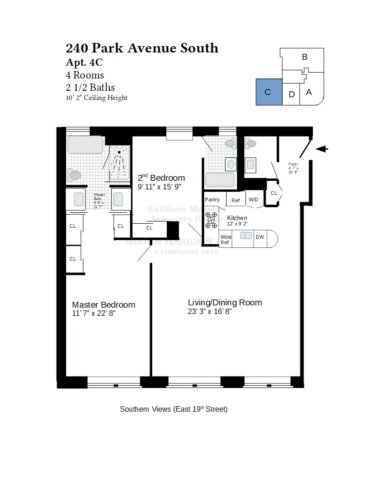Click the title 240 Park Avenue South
pyautogui.click(x=142, y=48)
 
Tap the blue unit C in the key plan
pyautogui.click(x=269, y=92)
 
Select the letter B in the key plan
pyautogui.click(x=305, y=57)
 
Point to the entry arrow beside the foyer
pyautogui.click(x=321, y=149)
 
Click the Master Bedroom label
pyautogui.click(x=103, y=305)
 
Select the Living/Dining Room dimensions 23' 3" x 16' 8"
pyautogui.click(x=210, y=312)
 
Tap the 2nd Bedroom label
pyautogui.click(x=161, y=178)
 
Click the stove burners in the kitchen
pyautogui.click(x=211, y=220)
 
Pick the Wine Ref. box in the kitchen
pyautogui.click(x=226, y=240)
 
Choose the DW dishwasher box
pyautogui.click(x=260, y=237)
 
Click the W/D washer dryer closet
pyautogui.click(x=253, y=199)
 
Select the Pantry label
pyautogui.click(x=212, y=199)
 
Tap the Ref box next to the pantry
pyautogui.click(x=236, y=200)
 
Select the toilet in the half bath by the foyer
pyautogui.click(x=251, y=144)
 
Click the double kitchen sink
pyautogui.click(x=246, y=236)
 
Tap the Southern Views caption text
pyautogui.click(x=173, y=409)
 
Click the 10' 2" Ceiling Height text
pyautogui.click(x=97, y=98)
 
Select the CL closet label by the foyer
pyautogui.click(x=274, y=194)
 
